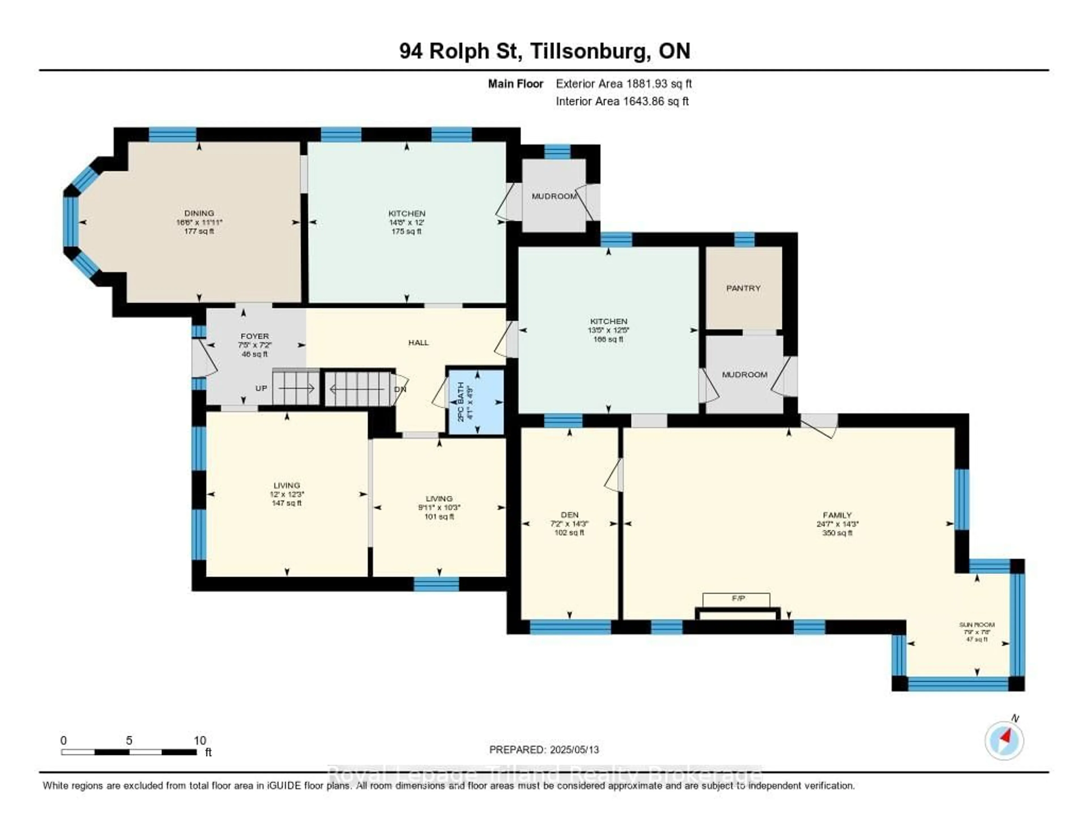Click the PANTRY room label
(x=743, y=288)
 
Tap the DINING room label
(x=199, y=213)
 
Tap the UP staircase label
(x=261, y=388)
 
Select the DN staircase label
(x=400, y=389)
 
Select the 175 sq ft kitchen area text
(x=407, y=232)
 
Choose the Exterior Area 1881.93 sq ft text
(x=624, y=84)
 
